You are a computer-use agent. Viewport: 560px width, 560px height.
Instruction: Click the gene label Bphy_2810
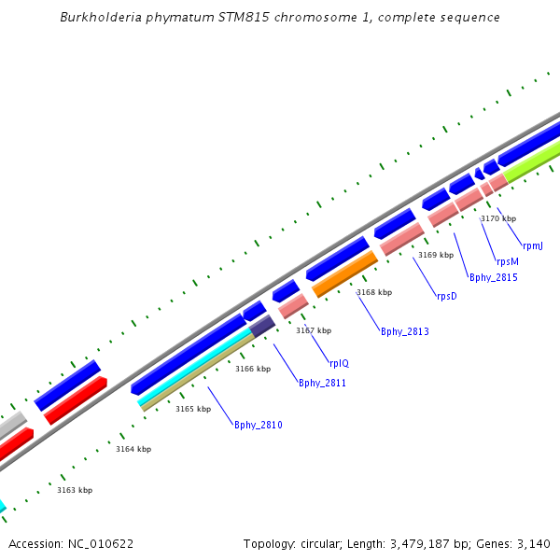tap(258, 426)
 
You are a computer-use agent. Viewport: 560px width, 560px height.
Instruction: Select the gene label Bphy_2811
tap(322, 383)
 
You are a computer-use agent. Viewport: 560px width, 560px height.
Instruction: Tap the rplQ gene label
tap(339, 363)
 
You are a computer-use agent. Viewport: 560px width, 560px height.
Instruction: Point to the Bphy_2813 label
tap(404, 332)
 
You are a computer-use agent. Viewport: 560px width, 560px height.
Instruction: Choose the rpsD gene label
tap(447, 297)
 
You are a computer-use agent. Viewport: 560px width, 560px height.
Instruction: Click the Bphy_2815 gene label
tap(493, 278)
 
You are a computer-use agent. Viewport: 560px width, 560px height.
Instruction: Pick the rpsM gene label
tap(507, 262)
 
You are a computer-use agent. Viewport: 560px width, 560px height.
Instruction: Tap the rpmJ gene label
tap(533, 246)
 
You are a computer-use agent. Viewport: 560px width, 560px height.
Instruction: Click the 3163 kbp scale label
tap(75, 490)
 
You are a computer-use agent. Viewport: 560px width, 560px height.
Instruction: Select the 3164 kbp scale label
tap(133, 450)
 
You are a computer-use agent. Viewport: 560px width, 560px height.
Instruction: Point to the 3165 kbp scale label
tap(193, 409)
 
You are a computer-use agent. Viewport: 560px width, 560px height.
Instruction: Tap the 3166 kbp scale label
tap(253, 369)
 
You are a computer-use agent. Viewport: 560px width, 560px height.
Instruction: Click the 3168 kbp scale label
tap(374, 292)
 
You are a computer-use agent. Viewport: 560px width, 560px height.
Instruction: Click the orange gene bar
tap(345, 274)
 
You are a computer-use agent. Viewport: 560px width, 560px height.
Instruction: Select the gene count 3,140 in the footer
tap(535, 543)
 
